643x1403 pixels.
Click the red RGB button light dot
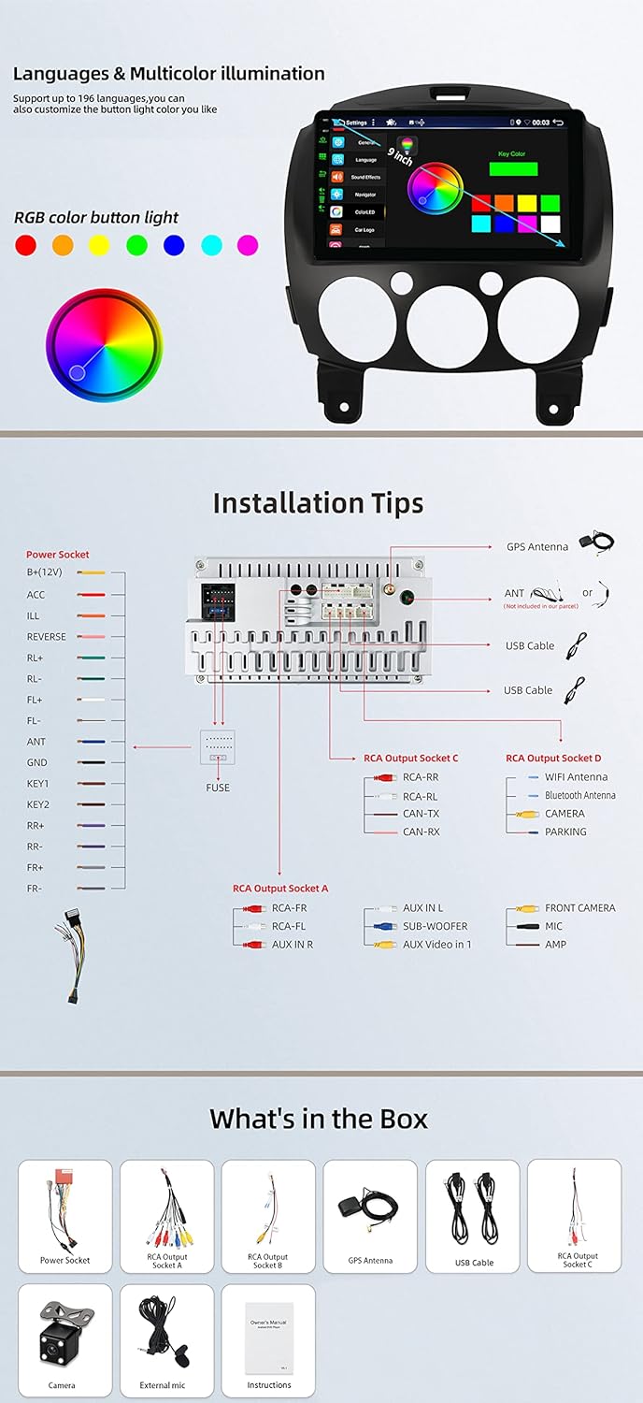pyautogui.click(x=26, y=245)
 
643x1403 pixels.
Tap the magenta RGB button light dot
pyautogui.click(x=247, y=245)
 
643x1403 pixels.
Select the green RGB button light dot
pyautogui.click(x=136, y=245)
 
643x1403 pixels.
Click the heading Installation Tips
pyautogui.click(x=318, y=503)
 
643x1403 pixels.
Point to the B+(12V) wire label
pyautogui.click(x=43, y=572)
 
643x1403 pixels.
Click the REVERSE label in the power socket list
pyautogui.click(x=47, y=637)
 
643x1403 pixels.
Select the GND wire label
pyautogui.click(x=37, y=763)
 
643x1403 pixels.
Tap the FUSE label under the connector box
pyautogui.click(x=218, y=788)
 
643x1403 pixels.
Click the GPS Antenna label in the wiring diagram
pyautogui.click(x=537, y=547)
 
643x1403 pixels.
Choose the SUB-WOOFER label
pyautogui.click(x=435, y=926)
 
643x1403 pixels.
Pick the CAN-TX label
pyautogui.click(x=421, y=814)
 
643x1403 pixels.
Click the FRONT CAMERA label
pyautogui.click(x=580, y=908)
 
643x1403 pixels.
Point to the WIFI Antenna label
pyautogui.click(x=576, y=777)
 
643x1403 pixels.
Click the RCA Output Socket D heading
pyautogui.click(x=553, y=759)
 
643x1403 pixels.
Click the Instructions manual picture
pyautogui.click(x=269, y=1332)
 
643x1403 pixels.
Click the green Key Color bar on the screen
pyautogui.click(x=512, y=169)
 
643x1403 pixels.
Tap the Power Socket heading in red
pyautogui.click(x=58, y=555)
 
